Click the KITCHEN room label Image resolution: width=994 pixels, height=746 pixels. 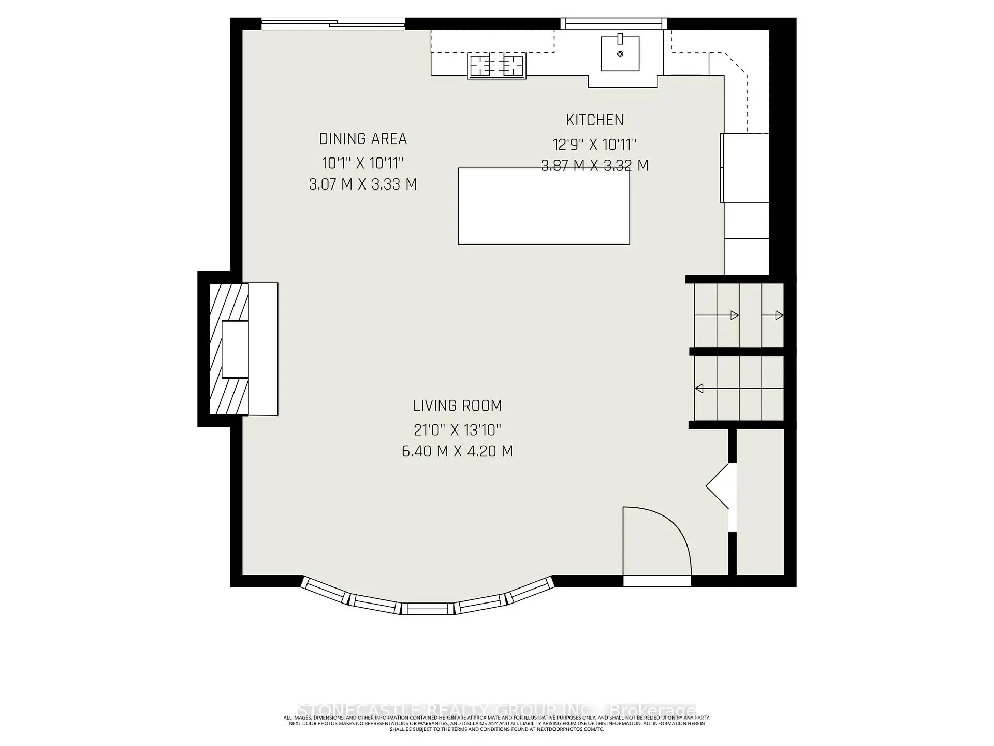(x=594, y=120)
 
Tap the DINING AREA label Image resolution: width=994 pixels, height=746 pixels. (x=363, y=139)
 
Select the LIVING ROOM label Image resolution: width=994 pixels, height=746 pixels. (x=458, y=406)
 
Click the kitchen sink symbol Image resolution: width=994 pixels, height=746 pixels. (x=620, y=53)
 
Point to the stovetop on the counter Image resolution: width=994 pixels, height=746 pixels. (x=496, y=66)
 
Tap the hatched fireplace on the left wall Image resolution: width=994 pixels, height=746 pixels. (x=228, y=349)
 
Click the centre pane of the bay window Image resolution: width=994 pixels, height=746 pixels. (x=428, y=609)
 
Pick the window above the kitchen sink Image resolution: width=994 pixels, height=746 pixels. (x=613, y=23)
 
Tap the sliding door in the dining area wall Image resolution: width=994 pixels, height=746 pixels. (x=333, y=23)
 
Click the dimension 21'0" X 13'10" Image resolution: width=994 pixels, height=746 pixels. (x=458, y=430)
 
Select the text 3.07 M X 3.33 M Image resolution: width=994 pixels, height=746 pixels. (x=363, y=184)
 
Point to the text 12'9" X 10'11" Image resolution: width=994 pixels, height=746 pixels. (x=594, y=144)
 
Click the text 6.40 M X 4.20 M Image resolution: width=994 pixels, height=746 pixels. (x=458, y=451)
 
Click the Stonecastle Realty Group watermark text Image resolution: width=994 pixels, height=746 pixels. (x=497, y=710)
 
